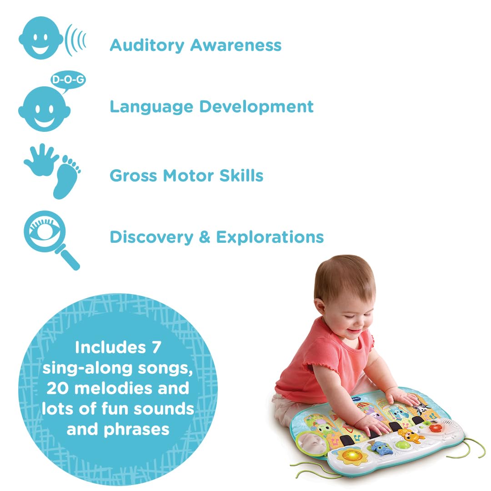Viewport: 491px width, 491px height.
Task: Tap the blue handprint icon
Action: coord(41,160)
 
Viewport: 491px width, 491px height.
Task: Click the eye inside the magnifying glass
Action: coord(44,229)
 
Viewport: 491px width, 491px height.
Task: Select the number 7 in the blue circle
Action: coord(155,348)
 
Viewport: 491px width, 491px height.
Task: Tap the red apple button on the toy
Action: coord(435,429)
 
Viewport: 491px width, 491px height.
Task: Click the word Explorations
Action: coord(269,237)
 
